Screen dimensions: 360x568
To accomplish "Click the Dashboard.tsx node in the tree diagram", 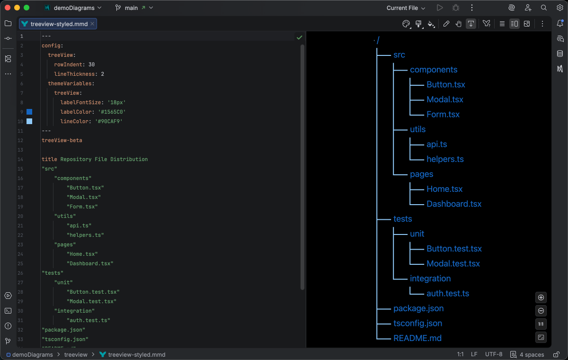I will (x=453, y=204).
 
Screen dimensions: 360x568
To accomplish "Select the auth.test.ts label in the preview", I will (x=447, y=293).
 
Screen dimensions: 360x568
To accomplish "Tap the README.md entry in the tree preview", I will (x=417, y=338).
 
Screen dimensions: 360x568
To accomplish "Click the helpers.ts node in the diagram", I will (x=444, y=159).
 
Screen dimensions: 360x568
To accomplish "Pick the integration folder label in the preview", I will (x=430, y=279).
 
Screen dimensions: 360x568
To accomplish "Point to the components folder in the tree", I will (x=433, y=70).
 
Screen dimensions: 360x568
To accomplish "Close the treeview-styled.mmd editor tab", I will (x=92, y=24).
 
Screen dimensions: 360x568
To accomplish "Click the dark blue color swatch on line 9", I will (x=29, y=112).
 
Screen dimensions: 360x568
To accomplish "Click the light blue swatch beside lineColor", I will (x=29, y=121).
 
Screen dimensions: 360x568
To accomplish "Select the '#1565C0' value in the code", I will (x=112, y=112).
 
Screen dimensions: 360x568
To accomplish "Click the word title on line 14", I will (x=49, y=159).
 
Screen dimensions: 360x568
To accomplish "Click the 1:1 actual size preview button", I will (x=541, y=324).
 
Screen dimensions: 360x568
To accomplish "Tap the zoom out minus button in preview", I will (x=541, y=311).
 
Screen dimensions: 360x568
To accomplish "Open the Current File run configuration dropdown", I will (x=406, y=8).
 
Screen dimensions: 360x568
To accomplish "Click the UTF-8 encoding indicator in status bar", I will (x=494, y=354).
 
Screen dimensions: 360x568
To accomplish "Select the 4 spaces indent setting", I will (x=527, y=354).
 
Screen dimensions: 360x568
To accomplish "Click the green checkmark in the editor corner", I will (x=299, y=37).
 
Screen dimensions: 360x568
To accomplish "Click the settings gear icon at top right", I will (x=559, y=8).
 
